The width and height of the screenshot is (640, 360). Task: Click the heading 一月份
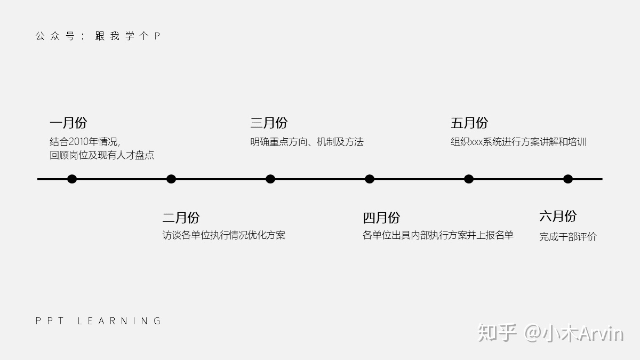point(68,123)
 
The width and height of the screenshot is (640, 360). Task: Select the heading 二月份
point(181,218)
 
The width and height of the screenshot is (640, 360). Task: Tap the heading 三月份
point(269,123)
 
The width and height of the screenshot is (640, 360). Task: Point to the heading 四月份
point(381,218)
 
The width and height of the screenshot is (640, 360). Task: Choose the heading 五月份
point(469,123)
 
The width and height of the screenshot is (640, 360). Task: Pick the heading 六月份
point(558,216)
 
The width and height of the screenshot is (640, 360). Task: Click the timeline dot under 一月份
point(72,179)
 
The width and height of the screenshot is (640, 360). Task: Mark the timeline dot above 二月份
point(171,179)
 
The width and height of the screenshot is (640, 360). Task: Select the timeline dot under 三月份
point(270,179)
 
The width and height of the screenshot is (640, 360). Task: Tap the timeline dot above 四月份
point(370,179)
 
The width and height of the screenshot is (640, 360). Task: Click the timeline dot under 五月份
point(469,179)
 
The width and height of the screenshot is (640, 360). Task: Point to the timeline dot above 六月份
point(568,179)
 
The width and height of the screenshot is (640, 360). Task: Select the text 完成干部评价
point(567,237)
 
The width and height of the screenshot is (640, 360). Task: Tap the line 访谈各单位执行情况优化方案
point(224,235)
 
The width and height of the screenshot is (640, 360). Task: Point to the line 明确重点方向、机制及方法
point(307,142)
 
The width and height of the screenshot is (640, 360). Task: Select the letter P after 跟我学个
point(157,36)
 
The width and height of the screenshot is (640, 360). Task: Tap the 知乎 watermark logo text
point(498,333)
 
